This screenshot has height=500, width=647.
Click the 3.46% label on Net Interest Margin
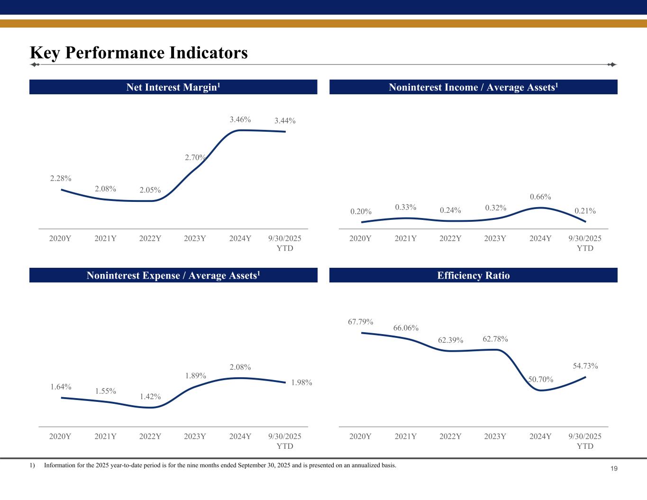tap(240, 119)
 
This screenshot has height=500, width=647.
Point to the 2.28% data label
tap(61, 179)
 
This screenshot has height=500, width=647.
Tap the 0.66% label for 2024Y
tap(540, 197)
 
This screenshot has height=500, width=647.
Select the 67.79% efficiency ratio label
tap(361, 322)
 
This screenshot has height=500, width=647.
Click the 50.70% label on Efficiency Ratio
tap(541, 379)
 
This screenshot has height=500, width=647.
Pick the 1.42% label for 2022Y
tap(150, 396)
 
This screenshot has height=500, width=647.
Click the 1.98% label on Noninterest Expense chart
tap(301, 382)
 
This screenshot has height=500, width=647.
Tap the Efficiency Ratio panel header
tap(474, 275)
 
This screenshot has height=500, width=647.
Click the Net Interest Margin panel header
tap(173, 87)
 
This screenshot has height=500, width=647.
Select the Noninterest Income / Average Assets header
tap(474, 87)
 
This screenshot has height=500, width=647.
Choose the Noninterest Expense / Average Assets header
tap(173, 275)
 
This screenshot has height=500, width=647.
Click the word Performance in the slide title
tap(119, 53)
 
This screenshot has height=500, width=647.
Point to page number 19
tap(614, 469)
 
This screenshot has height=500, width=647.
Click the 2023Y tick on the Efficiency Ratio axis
tap(495, 436)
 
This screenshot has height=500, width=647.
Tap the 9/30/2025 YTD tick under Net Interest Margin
tap(285, 243)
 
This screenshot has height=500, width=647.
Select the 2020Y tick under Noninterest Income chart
tap(360, 238)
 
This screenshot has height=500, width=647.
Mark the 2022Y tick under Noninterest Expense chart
tap(150, 436)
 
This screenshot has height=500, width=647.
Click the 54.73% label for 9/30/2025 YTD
tap(585, 366)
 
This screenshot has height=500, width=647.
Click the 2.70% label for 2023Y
tap(195, 157)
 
